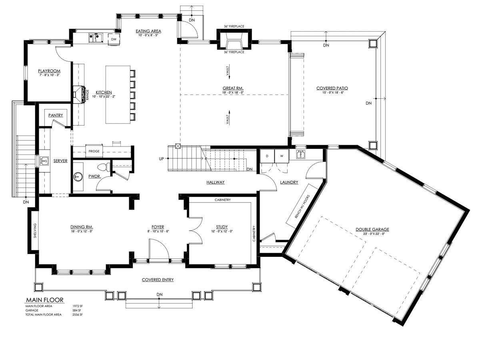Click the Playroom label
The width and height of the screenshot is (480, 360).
(x=49, y=71)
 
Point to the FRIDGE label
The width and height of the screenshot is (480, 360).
(x=94, y=151)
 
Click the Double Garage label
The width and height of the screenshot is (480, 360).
(x=372, y=230)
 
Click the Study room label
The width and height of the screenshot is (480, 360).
(x=222, y=227)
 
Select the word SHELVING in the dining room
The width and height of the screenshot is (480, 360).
(x=35, y=230)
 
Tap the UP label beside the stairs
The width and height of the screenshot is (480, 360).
(x=161, y=159)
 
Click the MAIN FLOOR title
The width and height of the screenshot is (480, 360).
(x=44, y=300)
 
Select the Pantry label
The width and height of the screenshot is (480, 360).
(x=56, y=115)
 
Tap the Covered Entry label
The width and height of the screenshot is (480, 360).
(x=158, y=280)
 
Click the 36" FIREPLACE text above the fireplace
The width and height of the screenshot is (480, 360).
(x=234, y=26)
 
